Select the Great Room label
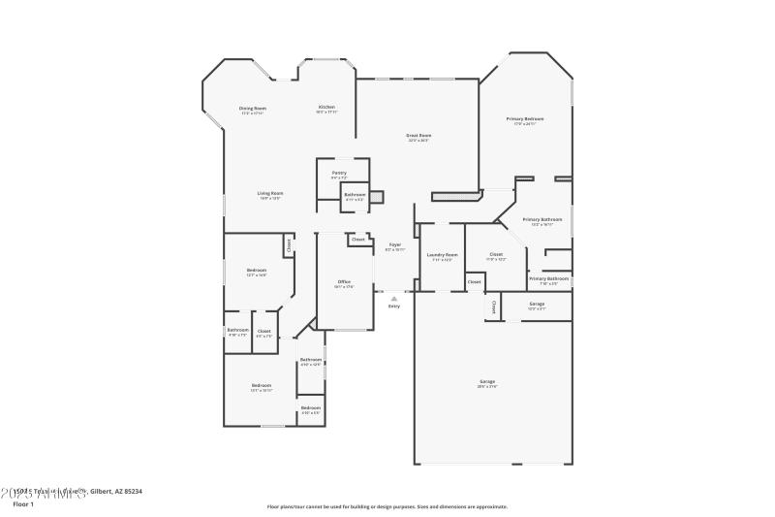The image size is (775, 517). coord(418,137)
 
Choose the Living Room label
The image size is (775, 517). coord(270,195)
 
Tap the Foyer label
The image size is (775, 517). coord(395,246)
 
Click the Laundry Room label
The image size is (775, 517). coord(441,256)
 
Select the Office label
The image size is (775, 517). coord(343,283)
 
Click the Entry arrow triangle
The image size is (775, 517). coord(393,298)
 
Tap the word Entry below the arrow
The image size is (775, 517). coord(393,307)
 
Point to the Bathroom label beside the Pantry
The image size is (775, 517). coord(355,196)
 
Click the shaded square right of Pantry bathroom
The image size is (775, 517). coord(377,196)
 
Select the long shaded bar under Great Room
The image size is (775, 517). coord(457,196)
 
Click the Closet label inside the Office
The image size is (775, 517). coord(358,239)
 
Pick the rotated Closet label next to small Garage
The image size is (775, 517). coord(494,307)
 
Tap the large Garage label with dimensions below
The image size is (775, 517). coord(487,383)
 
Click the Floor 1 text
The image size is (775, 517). coord(23,504)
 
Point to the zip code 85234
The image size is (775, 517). coord(131,492)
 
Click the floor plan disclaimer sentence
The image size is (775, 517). coord(387,506)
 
